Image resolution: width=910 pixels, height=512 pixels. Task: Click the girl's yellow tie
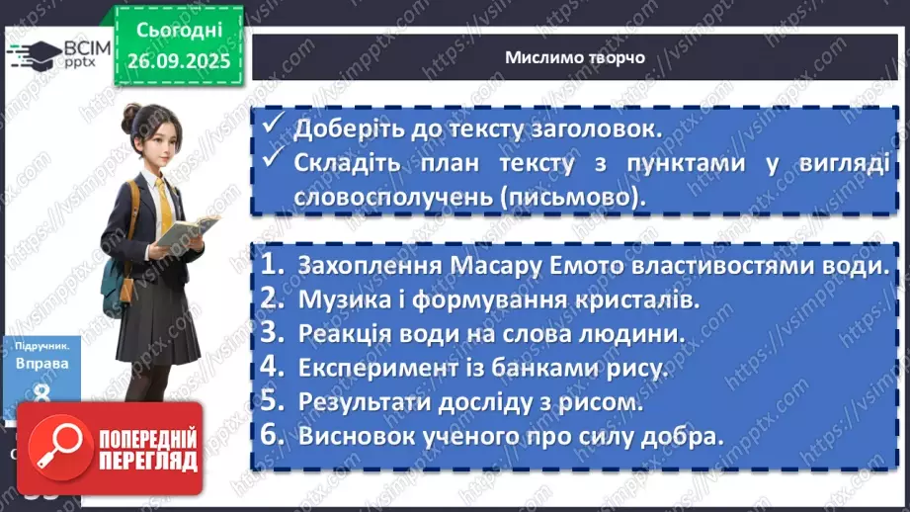(x=164, y=204)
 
